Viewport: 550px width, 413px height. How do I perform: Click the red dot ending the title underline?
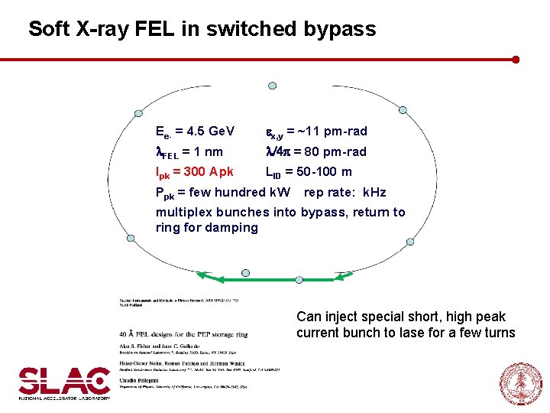tap(516, 59)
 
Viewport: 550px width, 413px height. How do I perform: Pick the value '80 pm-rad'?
tap(333, 151)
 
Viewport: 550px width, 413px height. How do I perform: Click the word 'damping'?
tap(234, 227)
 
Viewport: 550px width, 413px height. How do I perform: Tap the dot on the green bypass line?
tap(245, 272)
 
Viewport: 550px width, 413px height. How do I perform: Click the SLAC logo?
tap(64, 382)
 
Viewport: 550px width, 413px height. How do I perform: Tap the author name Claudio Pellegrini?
tap(144, 380)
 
